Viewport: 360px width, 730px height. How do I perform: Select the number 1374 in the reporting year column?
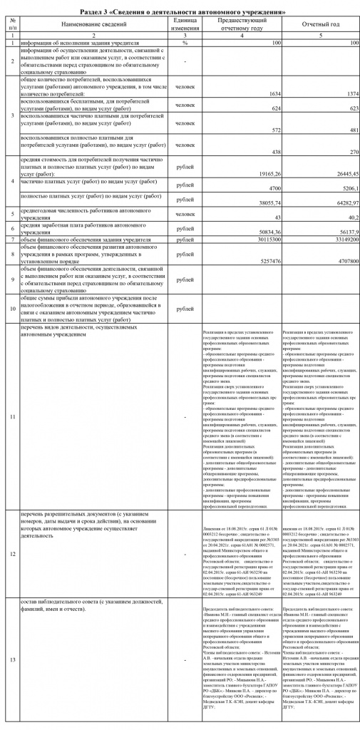pos(346,93)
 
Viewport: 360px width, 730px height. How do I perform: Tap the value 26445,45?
pos(339,173)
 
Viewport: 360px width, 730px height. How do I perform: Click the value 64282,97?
pos(339,204)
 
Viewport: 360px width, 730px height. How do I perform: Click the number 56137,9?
pos(341,232)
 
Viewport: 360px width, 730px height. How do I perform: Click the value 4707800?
pos(341,260)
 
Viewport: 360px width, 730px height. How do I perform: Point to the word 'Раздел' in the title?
pos(107,12)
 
